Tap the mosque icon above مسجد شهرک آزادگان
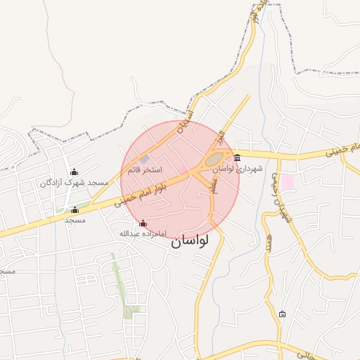75,172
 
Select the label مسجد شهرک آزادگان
67,183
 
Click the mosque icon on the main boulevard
75,210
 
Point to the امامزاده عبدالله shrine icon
143,223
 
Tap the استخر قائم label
145,170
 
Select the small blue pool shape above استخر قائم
144,160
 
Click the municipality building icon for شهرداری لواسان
237,157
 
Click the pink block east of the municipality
288,181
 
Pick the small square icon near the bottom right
282,314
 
